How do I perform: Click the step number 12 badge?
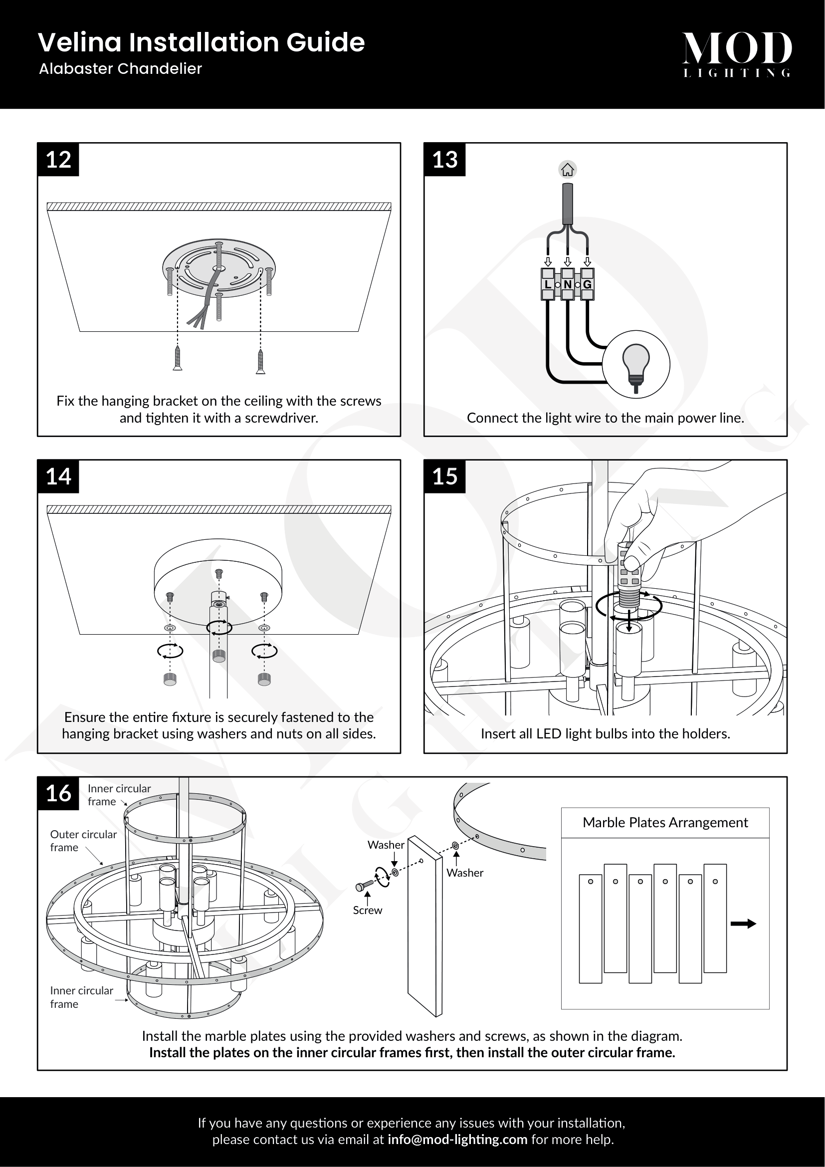pyautogui.click(x=58, y=160)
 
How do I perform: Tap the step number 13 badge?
pyautogui.click(x=444, y=160)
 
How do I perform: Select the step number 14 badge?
pyautogui.click(x=58, y=477)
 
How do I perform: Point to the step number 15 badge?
pyautogui.click(x=444, y=477)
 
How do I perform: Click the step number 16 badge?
pyautogui.click(x=58, y=793)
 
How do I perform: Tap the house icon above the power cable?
pyautogui.click(x=568, y=170)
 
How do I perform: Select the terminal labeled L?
pyautogui.click(x=547, y=284)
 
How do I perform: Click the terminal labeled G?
pyautogui.click(x=587, y=284)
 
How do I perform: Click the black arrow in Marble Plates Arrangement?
pyautogui.click(x=743, y=924)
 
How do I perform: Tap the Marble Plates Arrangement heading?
pyautogui.click(x=665, y=822)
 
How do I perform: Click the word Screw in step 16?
pyautogui.click(x=367, y=911)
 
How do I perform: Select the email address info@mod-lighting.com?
pyautogui.click(x=457, y=1140)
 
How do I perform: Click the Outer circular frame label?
pyautogui.click(x=83, y=841)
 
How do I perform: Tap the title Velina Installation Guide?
pyautogui.click(x=201, y=42)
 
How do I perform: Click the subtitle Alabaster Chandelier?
pyautogui.click(x=120, y=69)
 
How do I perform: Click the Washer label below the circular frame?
pyautogui.click(x=465, y=873)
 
